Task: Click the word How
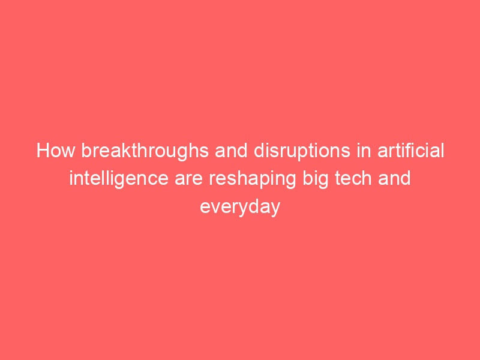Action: click(56, 151)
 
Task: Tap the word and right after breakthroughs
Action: click(231, 151)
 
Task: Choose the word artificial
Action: click(410, 151)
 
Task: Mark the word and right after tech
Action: click(394, 178)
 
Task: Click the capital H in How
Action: click(43, 151)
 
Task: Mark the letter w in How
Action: click(68, 152)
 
